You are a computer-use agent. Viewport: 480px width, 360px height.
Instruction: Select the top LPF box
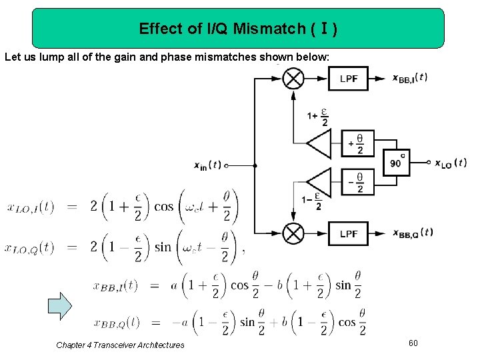click(348, 79)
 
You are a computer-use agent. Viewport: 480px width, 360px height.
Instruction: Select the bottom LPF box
click(348, 233)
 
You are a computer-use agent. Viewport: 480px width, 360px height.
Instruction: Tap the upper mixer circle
click(293, 79)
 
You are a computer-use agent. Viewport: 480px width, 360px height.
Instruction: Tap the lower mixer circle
click(293, 233)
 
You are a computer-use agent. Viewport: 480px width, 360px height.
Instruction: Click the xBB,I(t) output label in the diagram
click(410, 77)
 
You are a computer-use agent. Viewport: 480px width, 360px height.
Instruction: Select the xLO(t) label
click(451, 163)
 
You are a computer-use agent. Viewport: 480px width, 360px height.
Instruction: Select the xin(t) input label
click(207, 165)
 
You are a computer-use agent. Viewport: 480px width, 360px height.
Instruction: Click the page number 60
click(413, 343)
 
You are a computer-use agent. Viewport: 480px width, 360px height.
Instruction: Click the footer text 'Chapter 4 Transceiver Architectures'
click(121, 345)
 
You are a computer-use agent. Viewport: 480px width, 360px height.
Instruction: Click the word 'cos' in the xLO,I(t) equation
click(163, 206)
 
